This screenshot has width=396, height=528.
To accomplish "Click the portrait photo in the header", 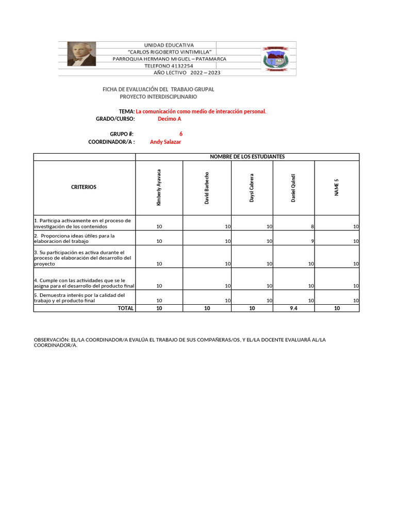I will click(81, 54).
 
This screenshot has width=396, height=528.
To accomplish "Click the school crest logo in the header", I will click(276, 59).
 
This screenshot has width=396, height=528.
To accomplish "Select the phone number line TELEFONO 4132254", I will click(169, 66).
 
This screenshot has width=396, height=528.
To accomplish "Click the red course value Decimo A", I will click(169, 119).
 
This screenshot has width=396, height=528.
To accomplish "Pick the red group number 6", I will click(180, 134).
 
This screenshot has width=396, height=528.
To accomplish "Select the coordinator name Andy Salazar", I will click(165, 142).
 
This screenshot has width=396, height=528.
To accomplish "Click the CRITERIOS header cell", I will click(84, 187).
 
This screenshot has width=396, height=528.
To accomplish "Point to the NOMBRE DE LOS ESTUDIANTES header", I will click(247, 157).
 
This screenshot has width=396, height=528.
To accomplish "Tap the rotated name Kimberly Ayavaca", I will click(159, 188).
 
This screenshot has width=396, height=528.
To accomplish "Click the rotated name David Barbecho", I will click(207, 188).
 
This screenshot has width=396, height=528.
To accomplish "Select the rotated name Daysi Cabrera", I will click(252, 188).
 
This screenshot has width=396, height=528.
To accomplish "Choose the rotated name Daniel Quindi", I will click(293, 188).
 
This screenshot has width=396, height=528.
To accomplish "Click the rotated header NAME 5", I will click(337, 188).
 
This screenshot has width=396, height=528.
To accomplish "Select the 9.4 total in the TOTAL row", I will click(293, 308).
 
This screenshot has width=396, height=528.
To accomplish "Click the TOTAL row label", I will click(126, 308).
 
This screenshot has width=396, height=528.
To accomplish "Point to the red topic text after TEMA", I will click(201, 111).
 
